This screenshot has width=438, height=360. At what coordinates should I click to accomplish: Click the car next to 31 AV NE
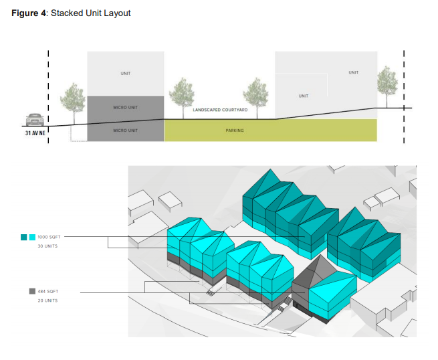35,120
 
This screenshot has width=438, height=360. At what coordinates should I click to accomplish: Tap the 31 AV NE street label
35,133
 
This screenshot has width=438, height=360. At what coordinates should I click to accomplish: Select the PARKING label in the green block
235,130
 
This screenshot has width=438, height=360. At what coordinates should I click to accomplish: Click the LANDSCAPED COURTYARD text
220,110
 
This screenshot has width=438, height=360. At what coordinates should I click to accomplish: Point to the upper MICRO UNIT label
126,107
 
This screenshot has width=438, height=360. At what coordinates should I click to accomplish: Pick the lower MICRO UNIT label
126,130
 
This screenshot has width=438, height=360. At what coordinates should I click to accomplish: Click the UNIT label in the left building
126,74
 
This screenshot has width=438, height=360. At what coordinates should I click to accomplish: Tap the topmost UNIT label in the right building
353,72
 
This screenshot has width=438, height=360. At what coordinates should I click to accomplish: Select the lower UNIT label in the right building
304,96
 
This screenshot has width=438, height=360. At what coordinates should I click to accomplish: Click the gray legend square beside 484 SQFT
32,291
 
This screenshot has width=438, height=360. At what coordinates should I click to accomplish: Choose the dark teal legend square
24,237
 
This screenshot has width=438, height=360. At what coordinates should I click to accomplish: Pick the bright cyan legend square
32,237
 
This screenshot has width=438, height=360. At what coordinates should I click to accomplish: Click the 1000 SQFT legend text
49,237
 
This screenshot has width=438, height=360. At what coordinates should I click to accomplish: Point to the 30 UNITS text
47,246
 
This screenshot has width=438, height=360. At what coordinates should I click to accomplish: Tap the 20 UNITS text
47,300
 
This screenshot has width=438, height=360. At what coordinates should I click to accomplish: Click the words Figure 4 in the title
29,13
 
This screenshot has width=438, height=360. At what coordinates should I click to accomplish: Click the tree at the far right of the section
387,86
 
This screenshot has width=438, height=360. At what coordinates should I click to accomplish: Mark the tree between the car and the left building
73,103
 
